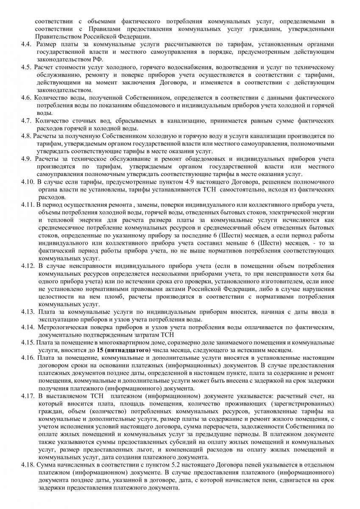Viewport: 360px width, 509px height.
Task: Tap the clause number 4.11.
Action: pyautogui.click(x=28, y=205)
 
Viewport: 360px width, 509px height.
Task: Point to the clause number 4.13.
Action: pyautogui.click(x=28, y=312)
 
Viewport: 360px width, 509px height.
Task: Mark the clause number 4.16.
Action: pyautogui.click(x=28, y=358)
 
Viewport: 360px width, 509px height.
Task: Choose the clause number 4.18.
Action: pyautogui.click(x=28, y=465)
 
